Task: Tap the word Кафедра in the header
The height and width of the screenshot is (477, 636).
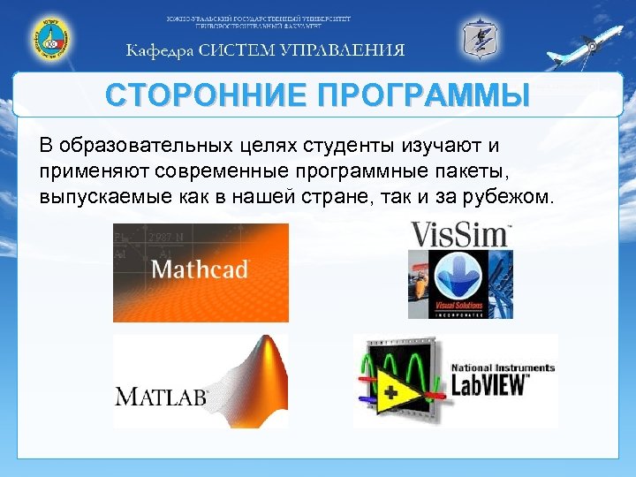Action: pyautogui.click(x=158, y=49)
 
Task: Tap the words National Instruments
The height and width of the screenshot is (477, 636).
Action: pyautogui.click(x=503, y=367)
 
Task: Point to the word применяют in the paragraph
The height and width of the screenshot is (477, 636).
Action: pyautogui.click(x=89, y=170)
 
